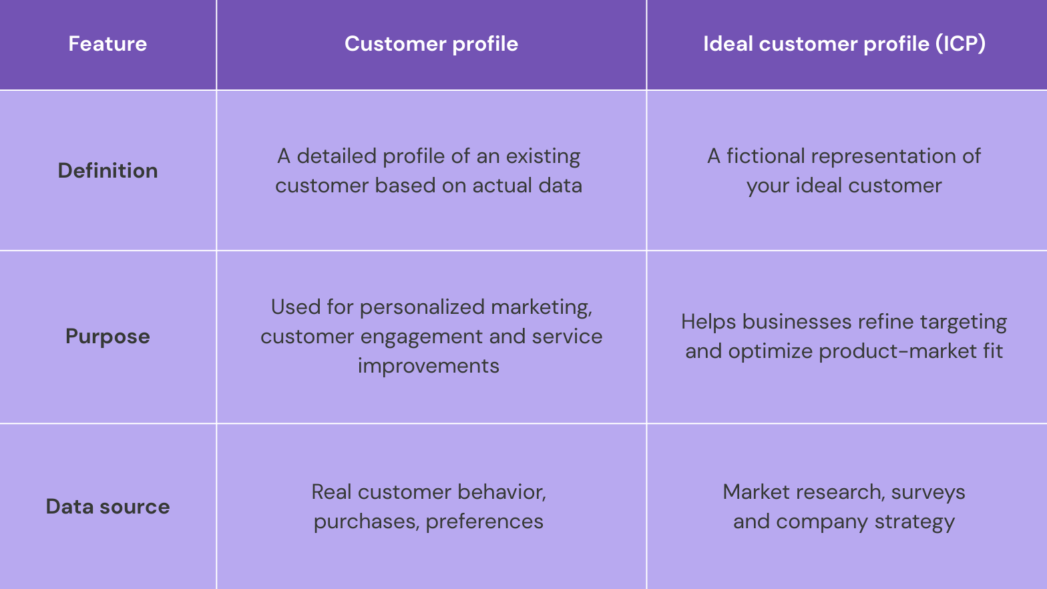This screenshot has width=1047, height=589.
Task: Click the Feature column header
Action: (108, 44)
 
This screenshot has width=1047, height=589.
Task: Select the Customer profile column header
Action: (431, 44)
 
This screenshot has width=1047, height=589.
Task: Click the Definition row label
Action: (108, 171)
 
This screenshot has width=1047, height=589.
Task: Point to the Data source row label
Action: (108, 507)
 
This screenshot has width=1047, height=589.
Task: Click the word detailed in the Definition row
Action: (337, 156)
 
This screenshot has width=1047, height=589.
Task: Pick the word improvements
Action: (429, 366)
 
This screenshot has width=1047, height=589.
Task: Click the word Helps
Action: (708, 323)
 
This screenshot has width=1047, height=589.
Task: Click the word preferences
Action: (485, 522)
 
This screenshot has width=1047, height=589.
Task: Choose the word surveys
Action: (928, 493)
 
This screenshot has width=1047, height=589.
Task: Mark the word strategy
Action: (914, 522)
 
